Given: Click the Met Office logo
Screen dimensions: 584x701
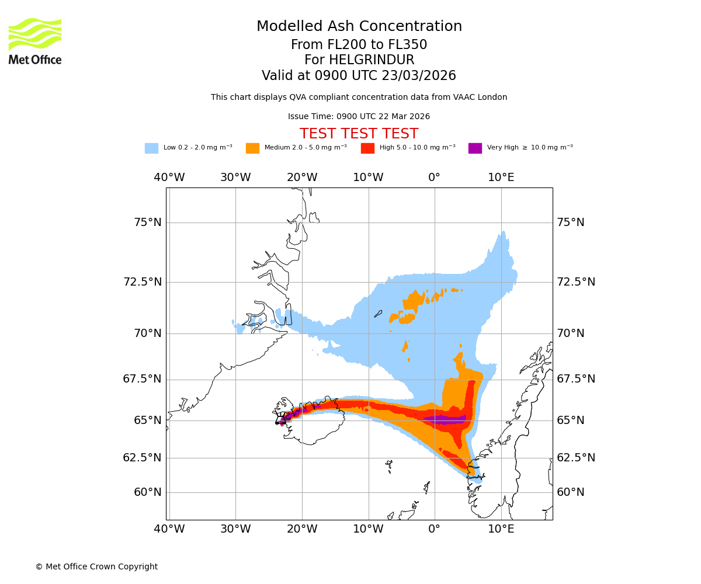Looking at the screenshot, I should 35,41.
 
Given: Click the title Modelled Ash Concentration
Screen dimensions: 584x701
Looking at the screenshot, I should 359,27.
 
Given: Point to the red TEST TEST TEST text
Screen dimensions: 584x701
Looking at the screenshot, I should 359,134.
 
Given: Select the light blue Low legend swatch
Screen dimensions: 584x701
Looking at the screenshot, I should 151,148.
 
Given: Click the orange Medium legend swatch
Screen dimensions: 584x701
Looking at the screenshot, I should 252,148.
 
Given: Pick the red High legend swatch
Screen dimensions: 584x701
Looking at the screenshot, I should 367,148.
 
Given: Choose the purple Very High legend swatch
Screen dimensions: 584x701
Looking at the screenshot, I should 475,148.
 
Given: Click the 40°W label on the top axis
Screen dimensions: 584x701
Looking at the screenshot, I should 169,178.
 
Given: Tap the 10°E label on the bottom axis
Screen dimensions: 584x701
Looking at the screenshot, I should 501,529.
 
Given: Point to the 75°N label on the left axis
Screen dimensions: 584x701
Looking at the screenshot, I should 147,223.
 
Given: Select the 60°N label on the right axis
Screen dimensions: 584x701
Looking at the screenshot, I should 571,492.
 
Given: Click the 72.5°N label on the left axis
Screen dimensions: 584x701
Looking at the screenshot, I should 142,282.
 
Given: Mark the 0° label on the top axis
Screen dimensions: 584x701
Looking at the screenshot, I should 434,178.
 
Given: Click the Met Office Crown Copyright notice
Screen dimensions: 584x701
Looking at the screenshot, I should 96,566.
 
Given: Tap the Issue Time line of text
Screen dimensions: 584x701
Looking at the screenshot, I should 359,117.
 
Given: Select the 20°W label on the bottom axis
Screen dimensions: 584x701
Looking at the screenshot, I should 302,529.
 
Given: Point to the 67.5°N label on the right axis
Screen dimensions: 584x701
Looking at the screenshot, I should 576,379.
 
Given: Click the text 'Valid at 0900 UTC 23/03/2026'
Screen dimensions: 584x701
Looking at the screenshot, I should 359,76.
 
